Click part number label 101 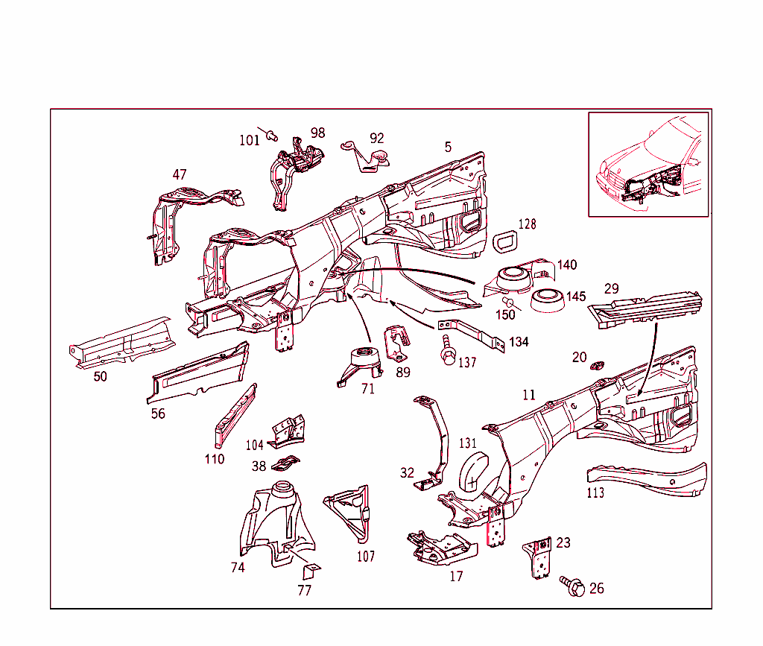coord(249,139)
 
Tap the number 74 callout coord(238,567)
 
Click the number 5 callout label coord(448,147)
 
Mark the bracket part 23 coord(539,558)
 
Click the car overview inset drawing coord(648,164)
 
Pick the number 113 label coord(595,493)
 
